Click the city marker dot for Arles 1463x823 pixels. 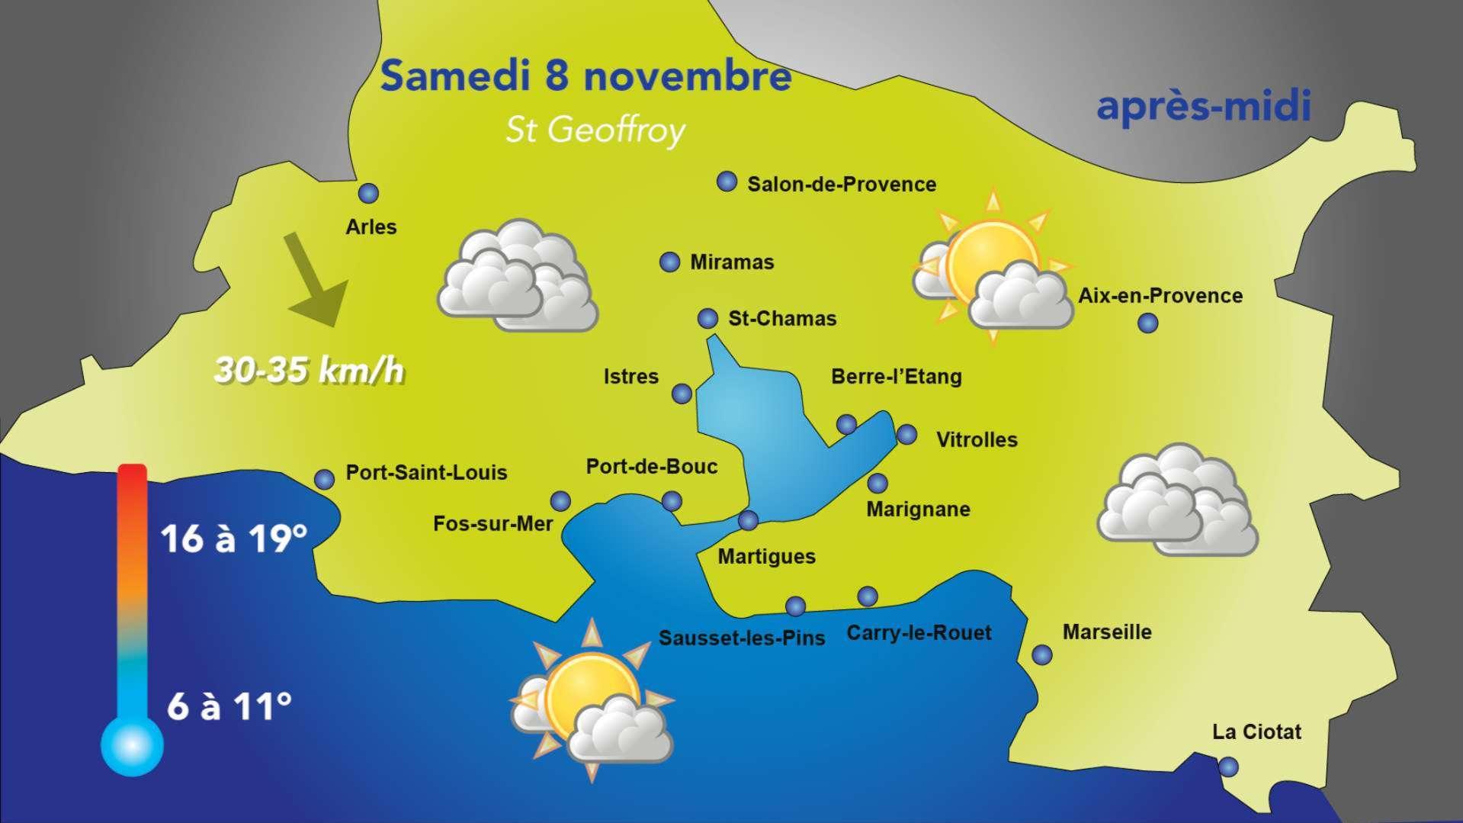point(368,193)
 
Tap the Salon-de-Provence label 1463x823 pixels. point(841,185)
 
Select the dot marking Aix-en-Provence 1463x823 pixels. point(1147,323)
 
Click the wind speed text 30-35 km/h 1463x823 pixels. point(309,371)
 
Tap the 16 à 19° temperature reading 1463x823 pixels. point(234,538)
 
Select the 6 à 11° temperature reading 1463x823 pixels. point(229,706)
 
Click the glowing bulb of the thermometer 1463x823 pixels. point(132,745)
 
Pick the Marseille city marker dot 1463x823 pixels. point(1041,654)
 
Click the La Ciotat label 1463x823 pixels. point(1256,732)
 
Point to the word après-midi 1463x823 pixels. point(1203,107)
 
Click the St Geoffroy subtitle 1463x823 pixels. point(595,130)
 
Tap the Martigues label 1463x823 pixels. point(766,557)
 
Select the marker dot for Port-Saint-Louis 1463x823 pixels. point(324,479)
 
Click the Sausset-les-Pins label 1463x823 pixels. point(742,638)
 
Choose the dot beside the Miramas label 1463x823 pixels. point(669,262)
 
